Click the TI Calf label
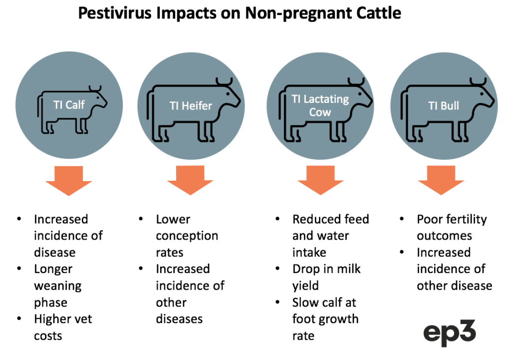pyautogui.click(x=69, y=105)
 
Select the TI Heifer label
pyautogui.click(x=191, y=106)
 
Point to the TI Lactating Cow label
pyautogui.click(x=320, y=105)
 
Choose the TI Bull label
pyautogui.click(x=444, y=106)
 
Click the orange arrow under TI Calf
pyautogui.click(x=69, y=181)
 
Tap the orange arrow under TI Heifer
pyautogui.click(x=190, y=180)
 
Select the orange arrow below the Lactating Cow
pyautogui.click(x=320, y=180)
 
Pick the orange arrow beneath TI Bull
pyautogui.click(x=441, y=180)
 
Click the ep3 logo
pyautogui.click(x=450, y=333)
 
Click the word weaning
pyautogui.click(x=58, y=286)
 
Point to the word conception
pyautogui.click(x=187, y=236)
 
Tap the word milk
pyautogui.click(x=349, y=269)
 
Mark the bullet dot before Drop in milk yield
pyautogui.click(x=277, y=269)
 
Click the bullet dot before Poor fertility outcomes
pyautogui.click(x=402, y=219)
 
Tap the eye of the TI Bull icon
pyautogui.click(x=482, y=94)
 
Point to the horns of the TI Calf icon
pyautogui.click(x=95, y=88)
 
